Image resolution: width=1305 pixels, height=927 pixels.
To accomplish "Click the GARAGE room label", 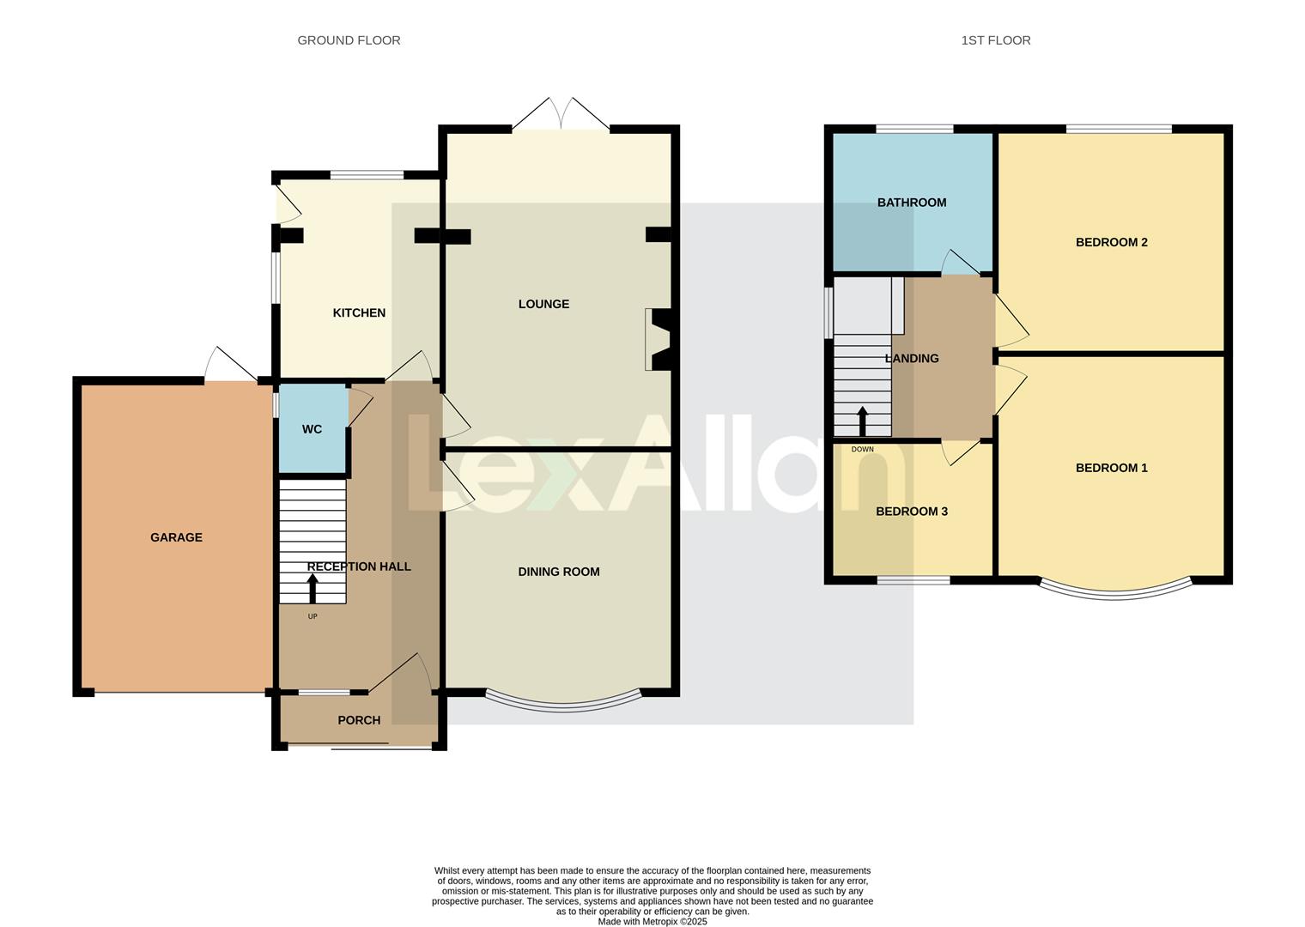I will [x=176, y=537].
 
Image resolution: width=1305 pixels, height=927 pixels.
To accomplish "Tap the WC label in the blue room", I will [x=312, y=429].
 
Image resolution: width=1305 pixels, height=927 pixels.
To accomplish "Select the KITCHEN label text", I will [x=359, y=313].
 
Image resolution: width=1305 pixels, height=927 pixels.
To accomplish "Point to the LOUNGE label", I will [x=543, y=304].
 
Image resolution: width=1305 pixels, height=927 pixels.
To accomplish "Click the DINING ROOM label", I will [x=559, y=572].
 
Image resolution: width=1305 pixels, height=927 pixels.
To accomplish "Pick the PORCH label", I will [x=359, y=720].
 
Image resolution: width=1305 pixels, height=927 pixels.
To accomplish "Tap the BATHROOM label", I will [x=912, y=203].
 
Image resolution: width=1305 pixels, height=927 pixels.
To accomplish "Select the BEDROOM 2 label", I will [x=1111, y=242].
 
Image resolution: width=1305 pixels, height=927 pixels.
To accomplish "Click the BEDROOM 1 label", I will [x=1111, y=468].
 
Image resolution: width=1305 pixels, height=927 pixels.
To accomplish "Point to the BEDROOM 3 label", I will [x=912, y=512].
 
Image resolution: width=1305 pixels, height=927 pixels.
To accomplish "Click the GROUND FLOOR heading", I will [x=349, y=40].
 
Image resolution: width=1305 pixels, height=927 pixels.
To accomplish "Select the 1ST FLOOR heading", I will [x=996, y=40].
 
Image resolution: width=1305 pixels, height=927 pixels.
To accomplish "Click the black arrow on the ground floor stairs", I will [x=313, y=589].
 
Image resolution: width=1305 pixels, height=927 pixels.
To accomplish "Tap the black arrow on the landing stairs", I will [x=862, y=421].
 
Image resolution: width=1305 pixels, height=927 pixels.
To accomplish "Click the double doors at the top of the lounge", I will [x=561, y=116].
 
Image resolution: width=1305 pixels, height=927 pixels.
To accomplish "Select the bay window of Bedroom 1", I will [x=1114, y=592].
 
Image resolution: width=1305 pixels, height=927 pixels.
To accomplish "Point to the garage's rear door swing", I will [x=228, y=367].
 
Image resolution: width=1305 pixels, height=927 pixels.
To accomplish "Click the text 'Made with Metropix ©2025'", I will [x=652, y=922].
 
